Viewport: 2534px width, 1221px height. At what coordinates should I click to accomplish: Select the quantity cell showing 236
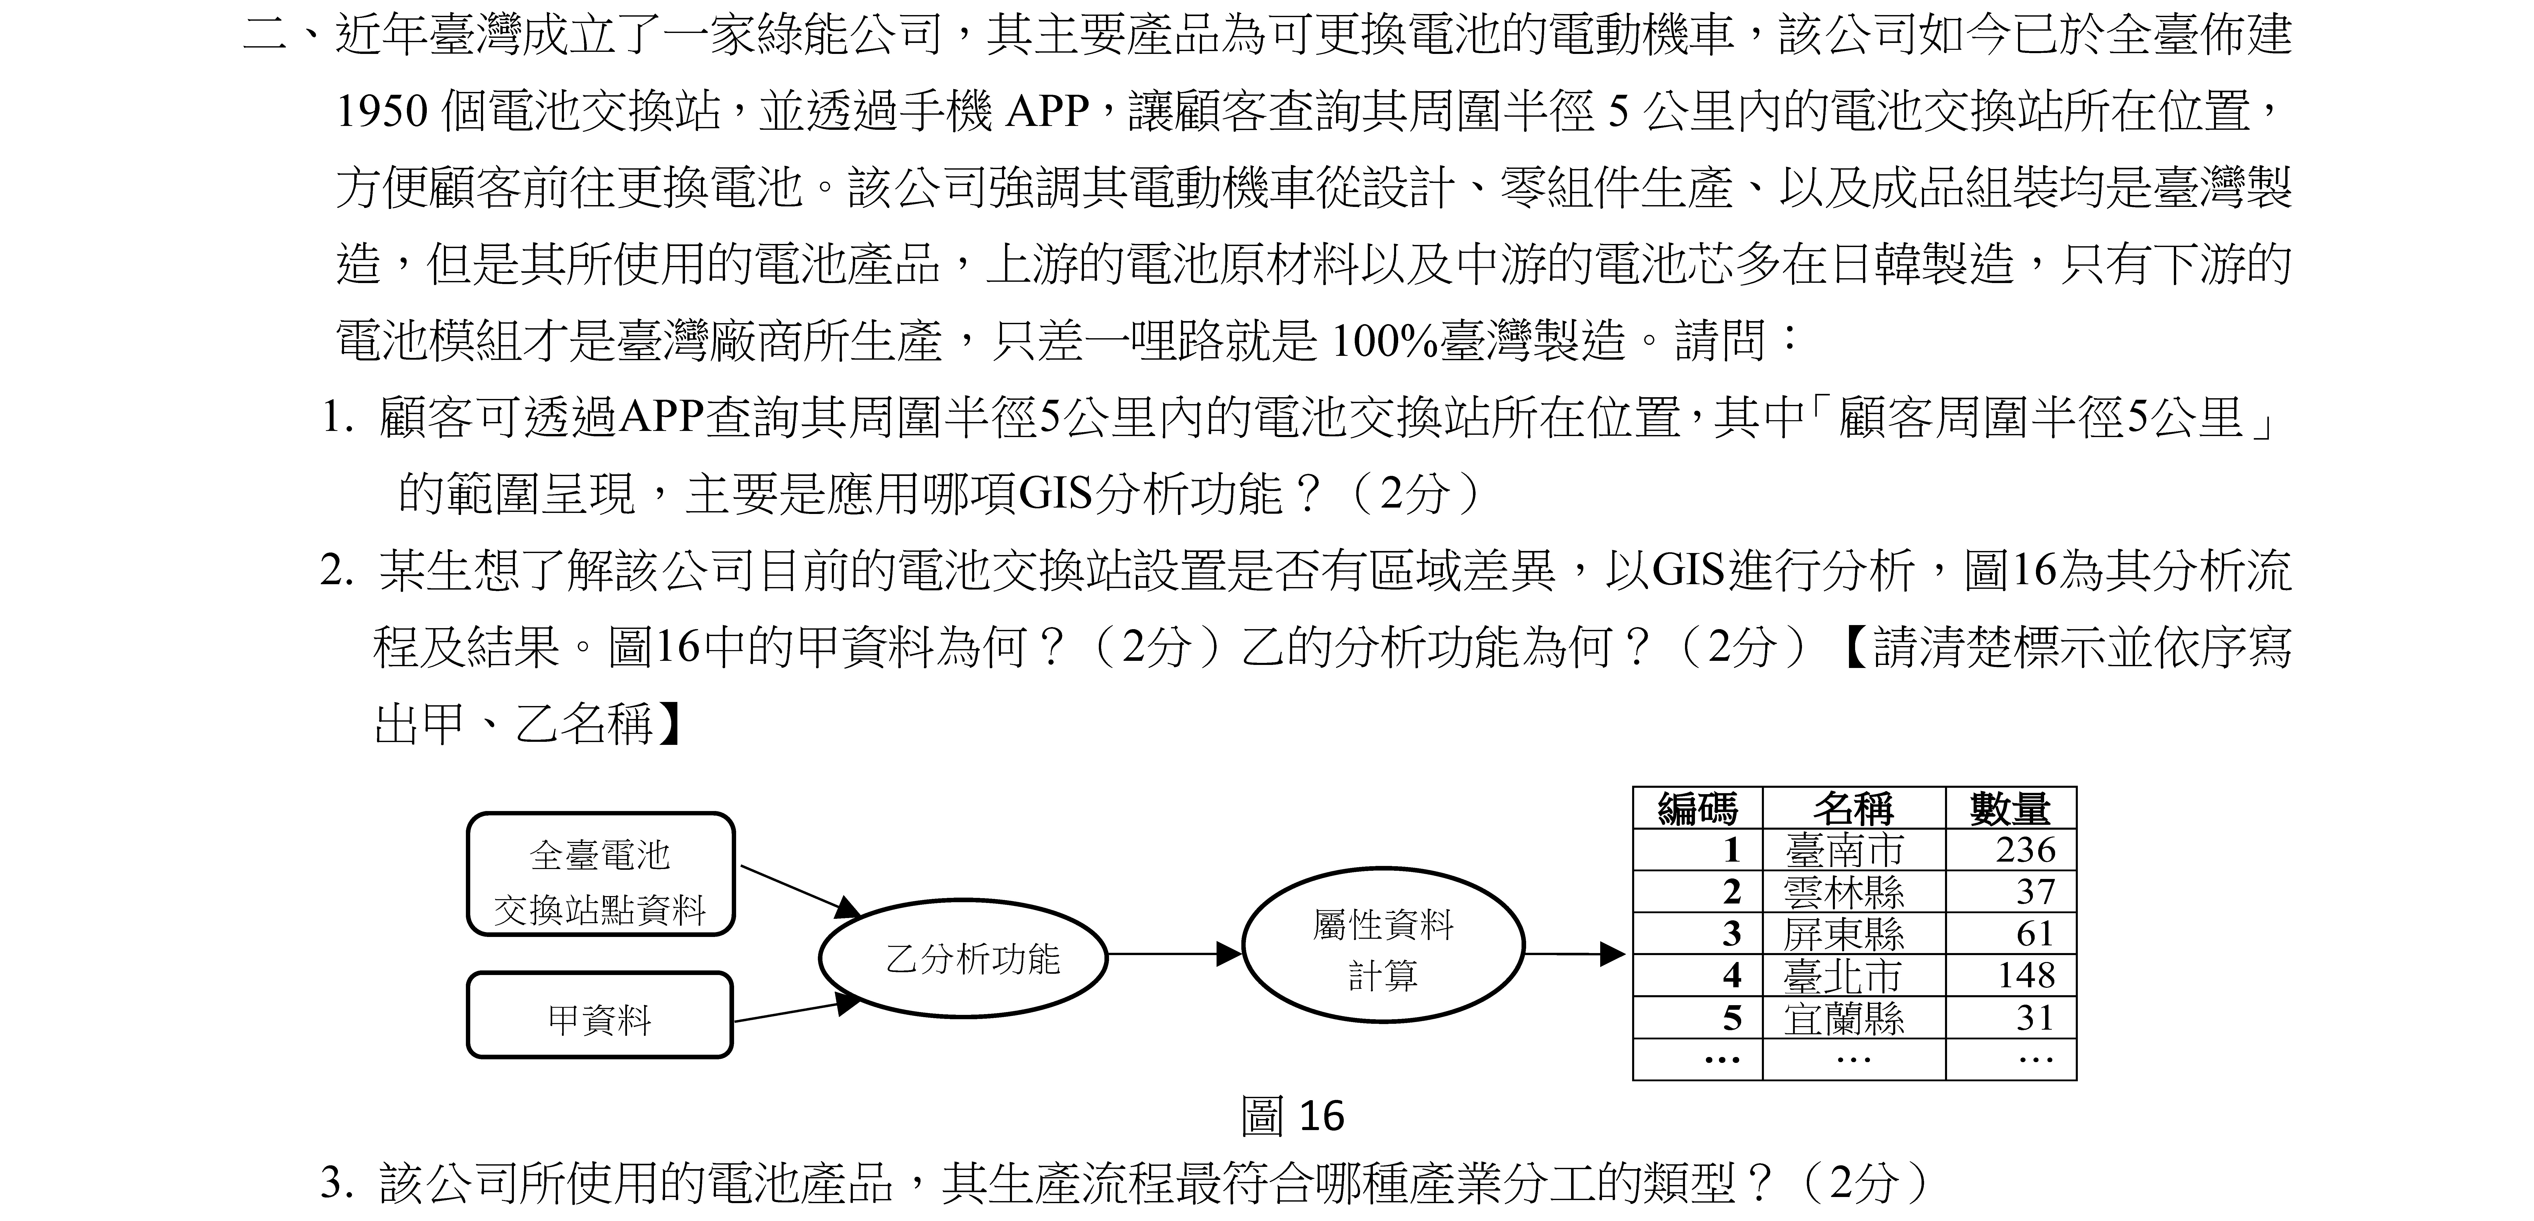tap(2025, 850)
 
